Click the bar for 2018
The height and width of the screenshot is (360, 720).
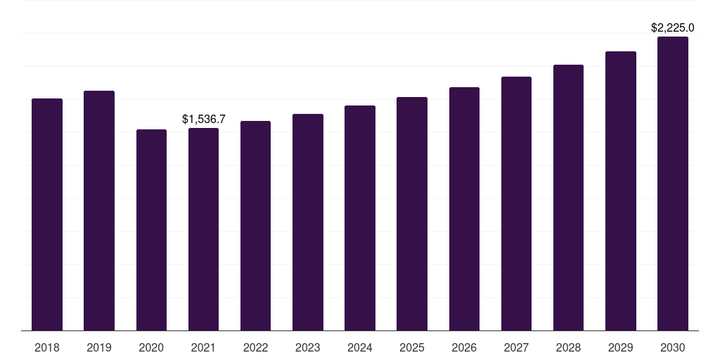tap(47, 214)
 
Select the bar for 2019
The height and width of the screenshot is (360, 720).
tap(99, 211)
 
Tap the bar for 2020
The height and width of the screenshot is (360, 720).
tap(151, 230)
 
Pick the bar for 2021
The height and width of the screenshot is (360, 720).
tap(203, 229)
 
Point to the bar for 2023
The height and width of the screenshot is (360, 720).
tap(308, 222)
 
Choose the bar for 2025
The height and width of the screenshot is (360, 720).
tap(412, 214)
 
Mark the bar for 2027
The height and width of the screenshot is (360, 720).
tap(516, 204)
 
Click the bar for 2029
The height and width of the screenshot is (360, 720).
tap(621, 191)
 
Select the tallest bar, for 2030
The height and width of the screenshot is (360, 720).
tap(673, 184)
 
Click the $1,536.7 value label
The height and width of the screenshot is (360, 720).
tap(203, 120)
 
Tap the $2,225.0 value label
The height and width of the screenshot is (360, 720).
tap(673, 28)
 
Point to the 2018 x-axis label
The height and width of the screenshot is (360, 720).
tap(47, 347)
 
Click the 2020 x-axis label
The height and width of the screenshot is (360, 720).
tap(151, 347)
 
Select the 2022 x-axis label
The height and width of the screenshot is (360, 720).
tap(256, 347)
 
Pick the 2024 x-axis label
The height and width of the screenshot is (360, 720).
tap(360, 347)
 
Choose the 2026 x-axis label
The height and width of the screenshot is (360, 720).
tap(464, 347)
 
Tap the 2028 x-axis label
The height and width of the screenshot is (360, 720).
tap(568, 347)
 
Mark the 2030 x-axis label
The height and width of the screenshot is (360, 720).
tap(673, 347)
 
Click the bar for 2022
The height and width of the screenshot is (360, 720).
tap(256, 226)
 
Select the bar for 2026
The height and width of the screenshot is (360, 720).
tap(464, 209)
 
